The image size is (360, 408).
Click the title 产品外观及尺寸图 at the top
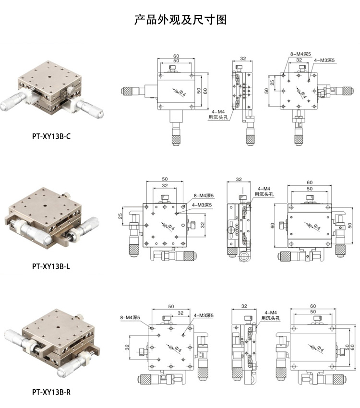click(180, 20)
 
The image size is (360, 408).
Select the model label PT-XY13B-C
click(51, 136)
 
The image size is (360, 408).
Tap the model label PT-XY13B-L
click(51, 266)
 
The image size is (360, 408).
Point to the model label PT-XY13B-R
click(51, 392)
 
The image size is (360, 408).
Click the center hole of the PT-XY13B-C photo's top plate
click(50, 77)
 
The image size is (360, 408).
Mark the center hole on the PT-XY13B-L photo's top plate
click(46, 206)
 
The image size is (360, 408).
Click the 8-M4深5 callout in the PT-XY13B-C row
click(300, 54)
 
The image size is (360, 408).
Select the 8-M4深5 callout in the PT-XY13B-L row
click(204, 195)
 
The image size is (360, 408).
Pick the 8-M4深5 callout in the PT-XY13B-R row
click(130, 317)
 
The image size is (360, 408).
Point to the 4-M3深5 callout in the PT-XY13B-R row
click(204, 315)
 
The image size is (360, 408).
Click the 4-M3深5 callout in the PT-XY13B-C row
click(324, 60)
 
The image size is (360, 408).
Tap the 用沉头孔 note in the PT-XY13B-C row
click(218, 117)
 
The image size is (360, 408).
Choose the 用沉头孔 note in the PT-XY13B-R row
click(271, 318)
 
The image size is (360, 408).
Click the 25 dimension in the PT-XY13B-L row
click(120, 216)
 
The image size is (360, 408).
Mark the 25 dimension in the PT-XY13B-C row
click(272, 83)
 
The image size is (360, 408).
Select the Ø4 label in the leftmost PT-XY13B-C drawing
click(182, 93)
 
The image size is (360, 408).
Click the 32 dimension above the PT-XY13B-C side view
click(243, 59)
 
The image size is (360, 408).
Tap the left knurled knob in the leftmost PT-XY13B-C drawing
click(127, 91)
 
